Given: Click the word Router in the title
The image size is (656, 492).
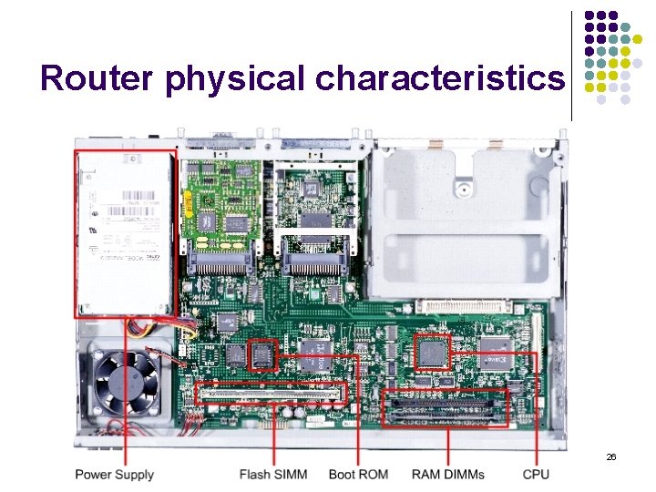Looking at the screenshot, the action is tap(97, 78).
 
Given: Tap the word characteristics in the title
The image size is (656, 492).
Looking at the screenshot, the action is tap(439, 78).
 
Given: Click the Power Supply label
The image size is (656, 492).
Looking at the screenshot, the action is tap(114, 475).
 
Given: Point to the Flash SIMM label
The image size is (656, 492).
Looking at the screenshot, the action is tap(273, 475).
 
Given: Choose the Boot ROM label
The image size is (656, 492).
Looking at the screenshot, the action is tap(358, 475).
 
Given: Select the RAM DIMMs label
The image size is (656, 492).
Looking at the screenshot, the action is tap(448, 475).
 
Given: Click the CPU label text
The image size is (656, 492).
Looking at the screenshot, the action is tap(536, 475).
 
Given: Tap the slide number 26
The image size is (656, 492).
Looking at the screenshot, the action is tap(610, 456).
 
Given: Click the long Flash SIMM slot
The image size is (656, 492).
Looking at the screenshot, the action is tap(272, 394).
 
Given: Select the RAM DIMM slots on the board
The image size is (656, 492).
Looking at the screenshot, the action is tap(446, 409).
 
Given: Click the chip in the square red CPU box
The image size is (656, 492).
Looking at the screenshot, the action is tap(432, 351).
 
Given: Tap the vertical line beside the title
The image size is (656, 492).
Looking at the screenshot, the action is tap(571, 66).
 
